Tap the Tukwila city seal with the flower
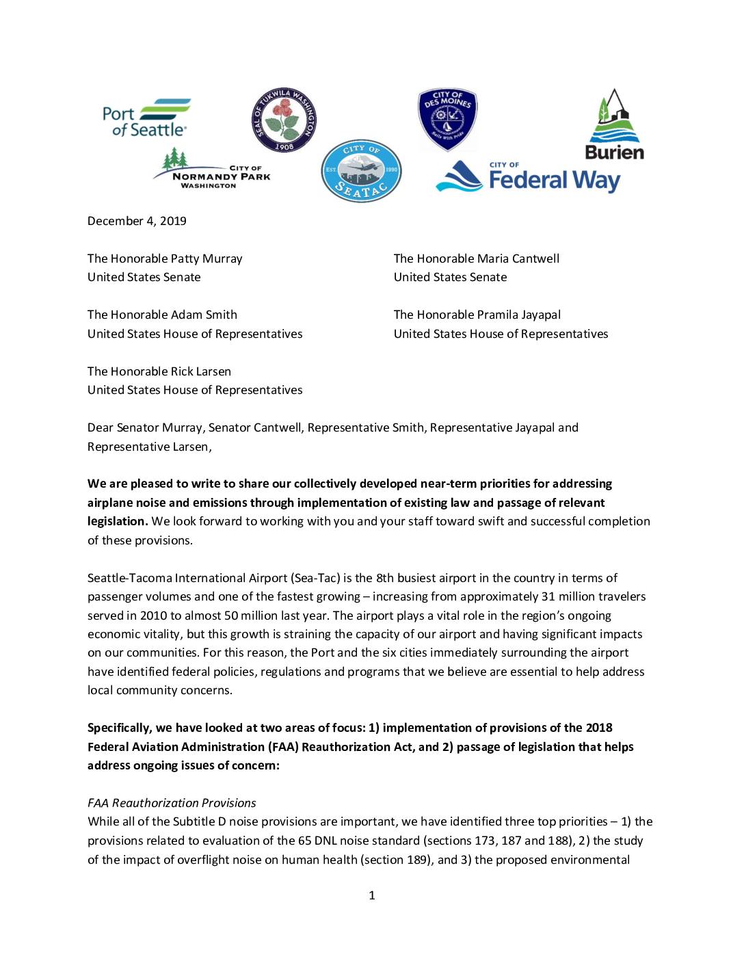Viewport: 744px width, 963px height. (x=284, y=120)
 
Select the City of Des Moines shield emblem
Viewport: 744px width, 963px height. (x=447, y=118)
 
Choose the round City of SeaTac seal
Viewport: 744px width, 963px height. (x=361, y=171)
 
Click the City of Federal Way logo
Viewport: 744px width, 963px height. (x=529, y=176)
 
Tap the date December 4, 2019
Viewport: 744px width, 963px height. (x=137, y=221)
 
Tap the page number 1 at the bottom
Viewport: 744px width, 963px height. (x=372, y=895)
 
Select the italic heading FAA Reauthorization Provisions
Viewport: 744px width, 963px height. (x=172, y=803)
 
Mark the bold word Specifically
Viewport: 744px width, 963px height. (x=119, y=728)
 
